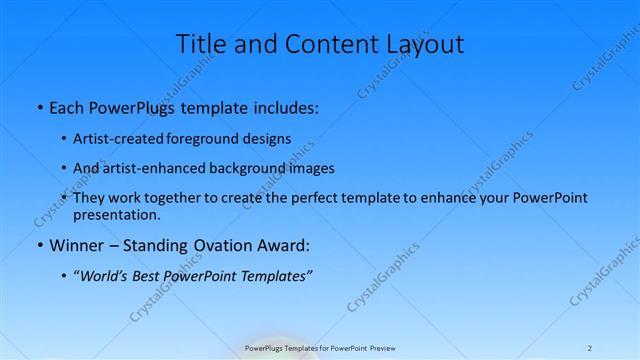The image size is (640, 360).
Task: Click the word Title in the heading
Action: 203,44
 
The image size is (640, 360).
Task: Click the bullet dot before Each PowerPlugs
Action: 38,105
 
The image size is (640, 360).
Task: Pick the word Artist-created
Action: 122,138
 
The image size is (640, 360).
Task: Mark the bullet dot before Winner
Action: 38,245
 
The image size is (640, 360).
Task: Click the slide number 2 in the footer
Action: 590,347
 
